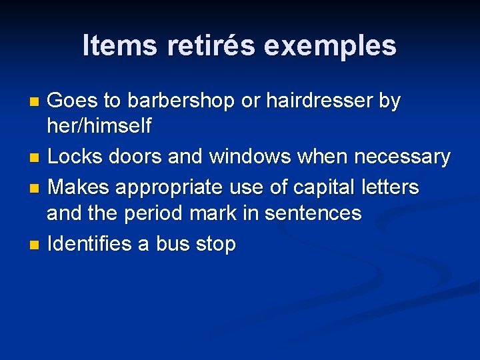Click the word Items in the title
[x=120, y=45]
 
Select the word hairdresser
[x=319, y=101]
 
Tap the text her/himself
[x=99, y=125]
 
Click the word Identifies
[x=89, y=244]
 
